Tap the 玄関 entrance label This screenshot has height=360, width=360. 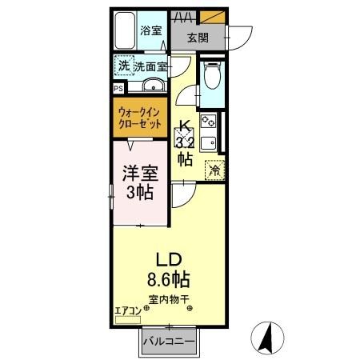pos(198,37)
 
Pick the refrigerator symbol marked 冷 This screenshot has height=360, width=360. pos(214,169)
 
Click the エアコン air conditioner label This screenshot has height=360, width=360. pos(128,310)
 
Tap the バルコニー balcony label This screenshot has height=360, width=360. pos(170,342)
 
